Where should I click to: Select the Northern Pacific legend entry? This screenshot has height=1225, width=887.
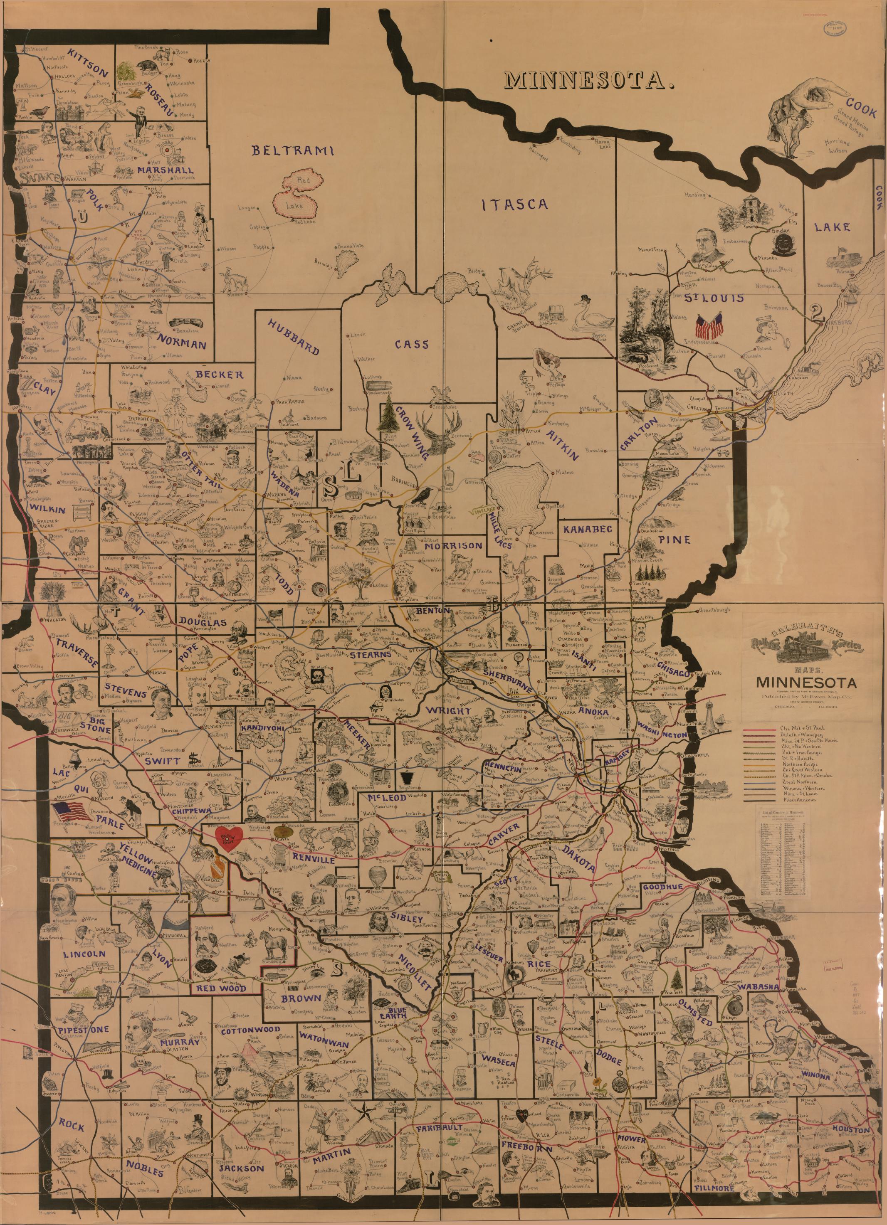click(800, 765)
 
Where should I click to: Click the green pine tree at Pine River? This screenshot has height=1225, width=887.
click(389, 417)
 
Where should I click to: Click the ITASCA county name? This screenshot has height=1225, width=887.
click(514, 204)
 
